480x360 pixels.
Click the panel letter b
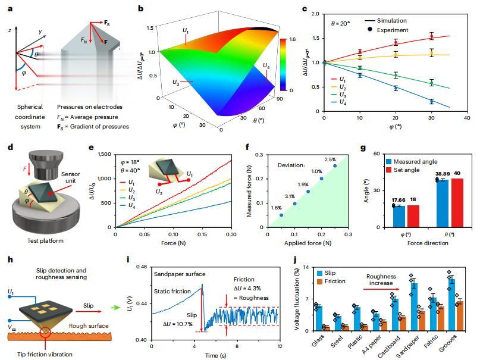[x=140, y=8]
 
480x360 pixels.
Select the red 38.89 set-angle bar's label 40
[x=455, y=174]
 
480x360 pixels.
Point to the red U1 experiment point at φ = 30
[x=431, y=37]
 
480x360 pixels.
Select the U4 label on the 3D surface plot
[x=264, y=65]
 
